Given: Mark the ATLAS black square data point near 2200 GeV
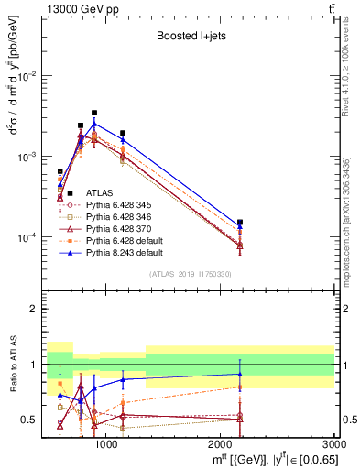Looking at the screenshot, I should click(x=240, y=223).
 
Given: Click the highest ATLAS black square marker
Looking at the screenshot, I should click(x=94, y=113).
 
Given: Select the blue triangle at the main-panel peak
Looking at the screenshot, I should click(x=94, y=123).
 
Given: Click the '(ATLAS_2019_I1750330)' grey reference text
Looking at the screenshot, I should click(x=190, y=274).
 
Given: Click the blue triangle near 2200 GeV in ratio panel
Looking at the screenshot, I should click(x=240, y=374).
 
